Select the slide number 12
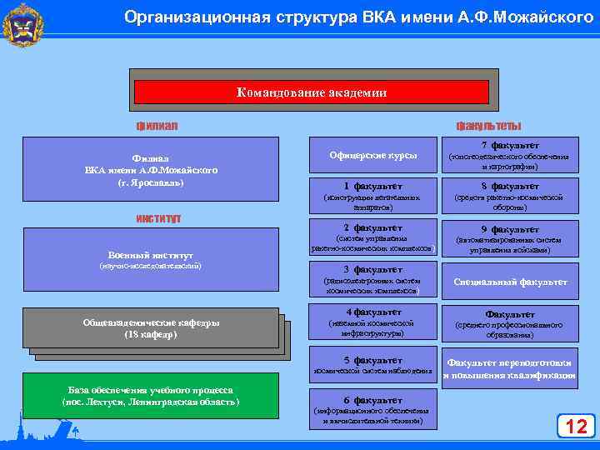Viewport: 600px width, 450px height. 576,427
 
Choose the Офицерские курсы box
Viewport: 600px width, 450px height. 373,156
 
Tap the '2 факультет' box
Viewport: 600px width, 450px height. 373,237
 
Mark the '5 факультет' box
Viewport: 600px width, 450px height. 373,364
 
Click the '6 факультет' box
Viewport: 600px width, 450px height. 373,408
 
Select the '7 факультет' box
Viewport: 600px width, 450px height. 509,156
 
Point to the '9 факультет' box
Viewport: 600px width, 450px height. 509,237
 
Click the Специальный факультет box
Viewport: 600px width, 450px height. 509,282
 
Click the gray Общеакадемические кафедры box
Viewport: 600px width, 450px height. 150,328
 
